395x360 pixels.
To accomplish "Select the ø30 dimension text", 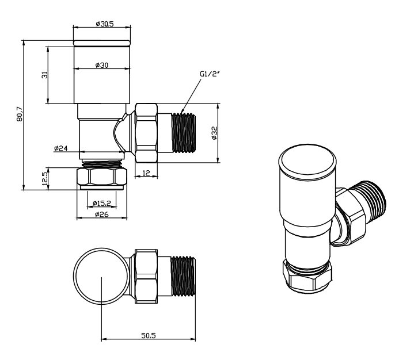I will coord(101,64).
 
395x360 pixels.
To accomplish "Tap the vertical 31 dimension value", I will coord(44,75).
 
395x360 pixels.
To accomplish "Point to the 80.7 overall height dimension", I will coord(20,115).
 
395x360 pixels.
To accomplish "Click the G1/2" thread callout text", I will coord(209,74).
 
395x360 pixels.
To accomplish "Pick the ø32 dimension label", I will coord(214,133).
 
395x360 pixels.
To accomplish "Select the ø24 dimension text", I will coord(60,148).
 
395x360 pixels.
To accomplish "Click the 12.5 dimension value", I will coord(44,178).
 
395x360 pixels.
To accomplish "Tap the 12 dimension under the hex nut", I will coord(146,173).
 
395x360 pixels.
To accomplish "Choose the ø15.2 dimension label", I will coord(101,202).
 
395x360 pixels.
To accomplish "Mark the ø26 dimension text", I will coord(101,215).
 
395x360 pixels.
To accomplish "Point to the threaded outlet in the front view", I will coord(184,133).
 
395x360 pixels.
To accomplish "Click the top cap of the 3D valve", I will coord(306,160).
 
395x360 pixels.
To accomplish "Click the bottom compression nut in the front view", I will coord(102,177).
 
